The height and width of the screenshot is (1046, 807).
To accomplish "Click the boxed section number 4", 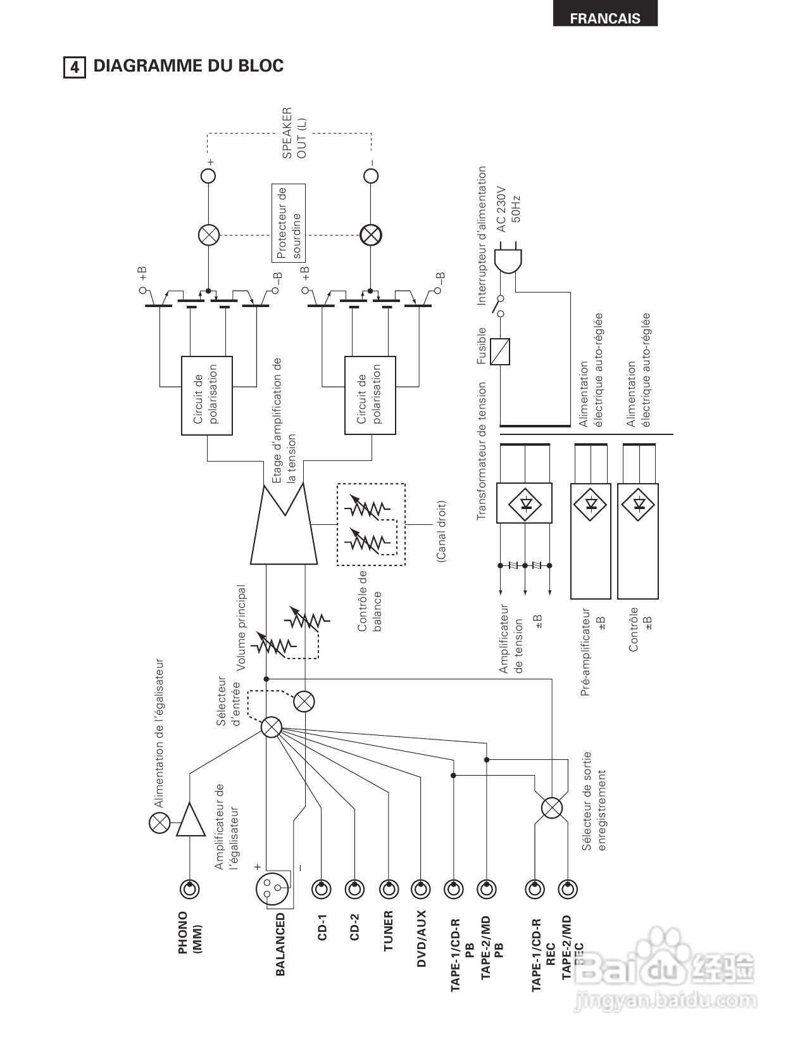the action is tap(75, 67).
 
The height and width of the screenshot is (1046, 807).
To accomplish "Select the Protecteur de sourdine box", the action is tap(288, 223).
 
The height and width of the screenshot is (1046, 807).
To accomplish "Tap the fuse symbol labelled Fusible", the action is tap(500, 351).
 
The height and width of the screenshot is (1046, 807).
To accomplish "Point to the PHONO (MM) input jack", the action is tap(190, 889).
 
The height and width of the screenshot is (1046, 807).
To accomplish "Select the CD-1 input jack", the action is tap(321, 889).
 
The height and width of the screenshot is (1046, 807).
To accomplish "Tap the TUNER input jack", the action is tap(389, 889).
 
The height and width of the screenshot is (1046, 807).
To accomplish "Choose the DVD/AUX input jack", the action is tap(421, 889).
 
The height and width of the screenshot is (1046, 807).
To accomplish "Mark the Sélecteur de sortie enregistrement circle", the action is tap(551, 808).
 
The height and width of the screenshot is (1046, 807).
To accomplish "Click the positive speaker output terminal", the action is tap(208, 175).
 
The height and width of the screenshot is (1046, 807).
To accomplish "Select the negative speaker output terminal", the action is tap(370, 175).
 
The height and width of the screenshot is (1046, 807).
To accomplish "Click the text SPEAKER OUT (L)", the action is tap(294, 134).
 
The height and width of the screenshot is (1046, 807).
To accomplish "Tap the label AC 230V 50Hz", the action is tap(508, 210).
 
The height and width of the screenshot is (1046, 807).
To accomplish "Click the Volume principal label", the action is tap(241, 627).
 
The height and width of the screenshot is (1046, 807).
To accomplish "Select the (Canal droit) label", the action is tap(441, 531).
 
